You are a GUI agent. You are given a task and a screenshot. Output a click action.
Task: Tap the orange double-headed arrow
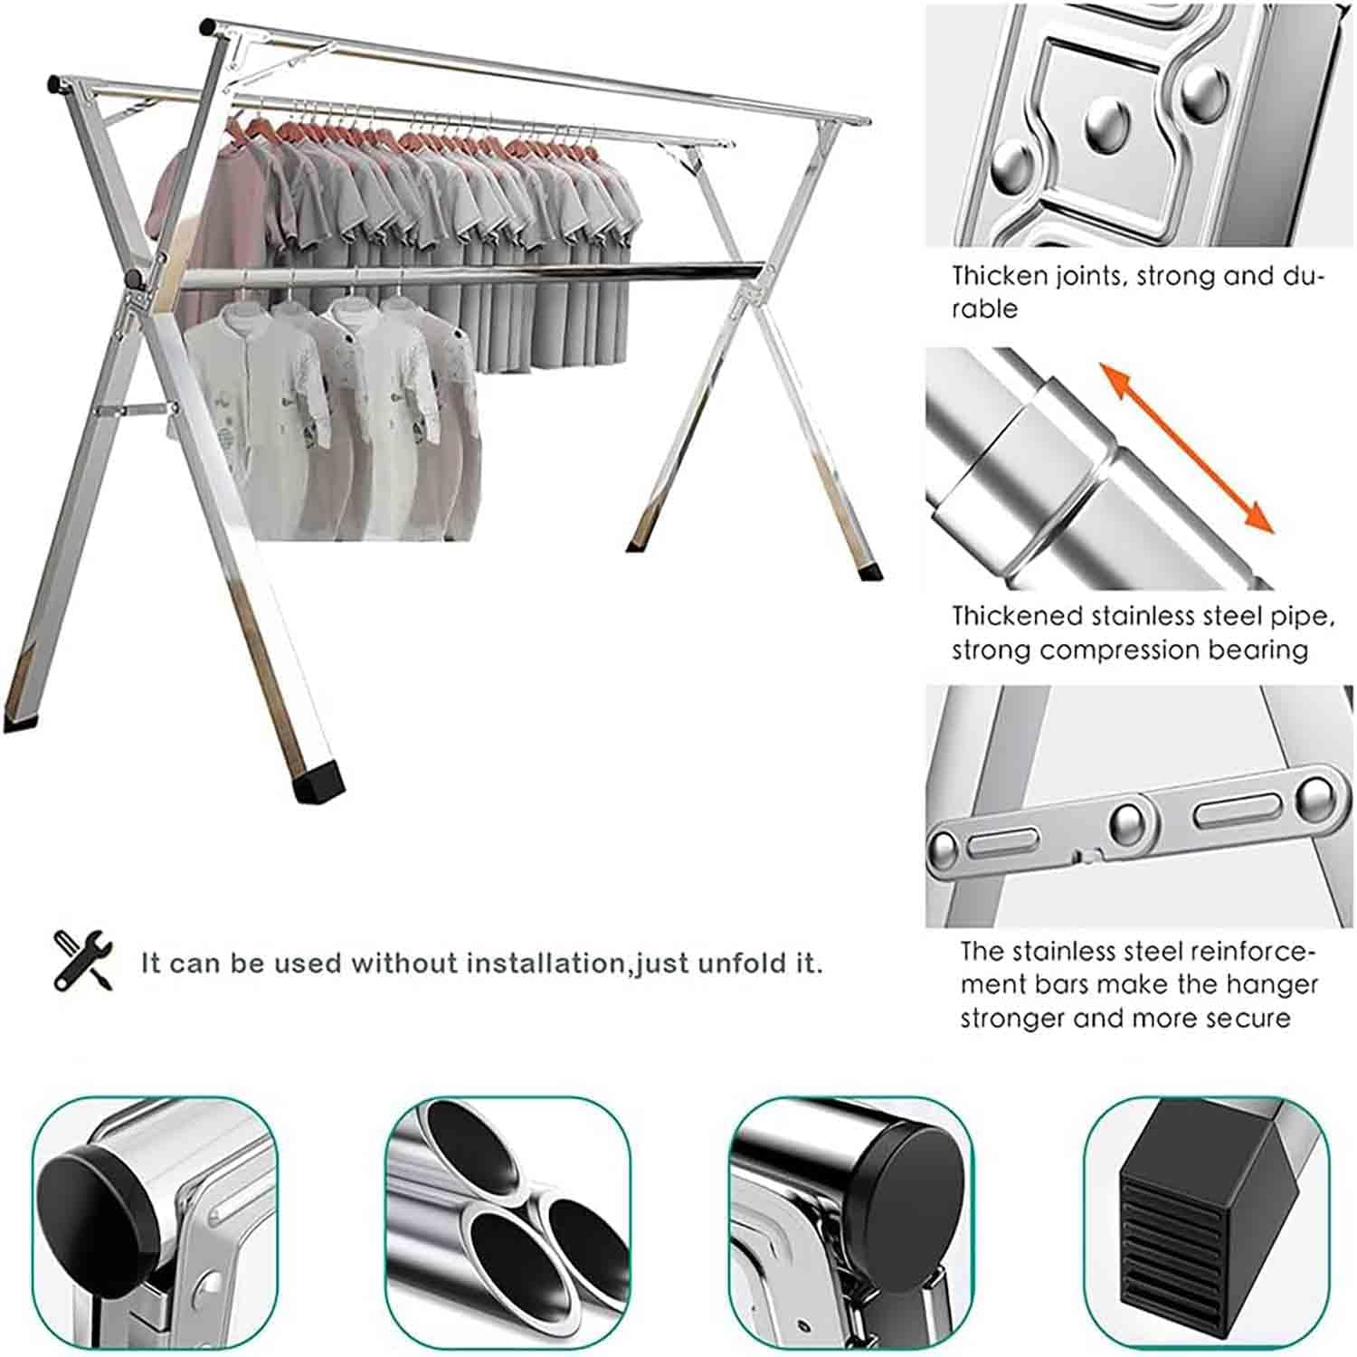pos(1186,447)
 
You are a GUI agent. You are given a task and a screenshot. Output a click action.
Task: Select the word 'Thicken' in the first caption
pos(1001,275)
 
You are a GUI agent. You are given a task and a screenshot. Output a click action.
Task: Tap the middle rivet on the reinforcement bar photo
pos(1130,821)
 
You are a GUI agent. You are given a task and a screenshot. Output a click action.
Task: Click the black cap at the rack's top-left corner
pos(207,27)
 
